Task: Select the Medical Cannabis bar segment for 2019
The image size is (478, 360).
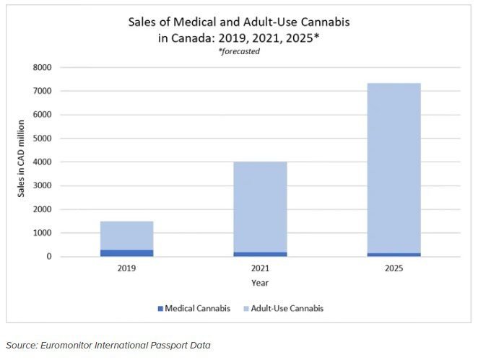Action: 126,253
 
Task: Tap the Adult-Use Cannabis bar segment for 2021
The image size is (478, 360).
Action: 260,206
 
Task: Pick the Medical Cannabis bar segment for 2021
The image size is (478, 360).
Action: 260,254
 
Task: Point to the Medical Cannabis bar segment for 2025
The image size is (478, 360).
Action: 394,255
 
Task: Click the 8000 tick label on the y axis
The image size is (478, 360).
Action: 44,68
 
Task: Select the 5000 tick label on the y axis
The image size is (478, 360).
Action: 44,139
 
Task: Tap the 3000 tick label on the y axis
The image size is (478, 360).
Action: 44,186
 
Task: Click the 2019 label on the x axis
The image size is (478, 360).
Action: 126,269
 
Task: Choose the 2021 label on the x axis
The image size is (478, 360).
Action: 260,269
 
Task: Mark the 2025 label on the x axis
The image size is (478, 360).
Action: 394,269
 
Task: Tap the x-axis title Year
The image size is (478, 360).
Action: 260,283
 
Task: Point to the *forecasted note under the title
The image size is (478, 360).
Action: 238,51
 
